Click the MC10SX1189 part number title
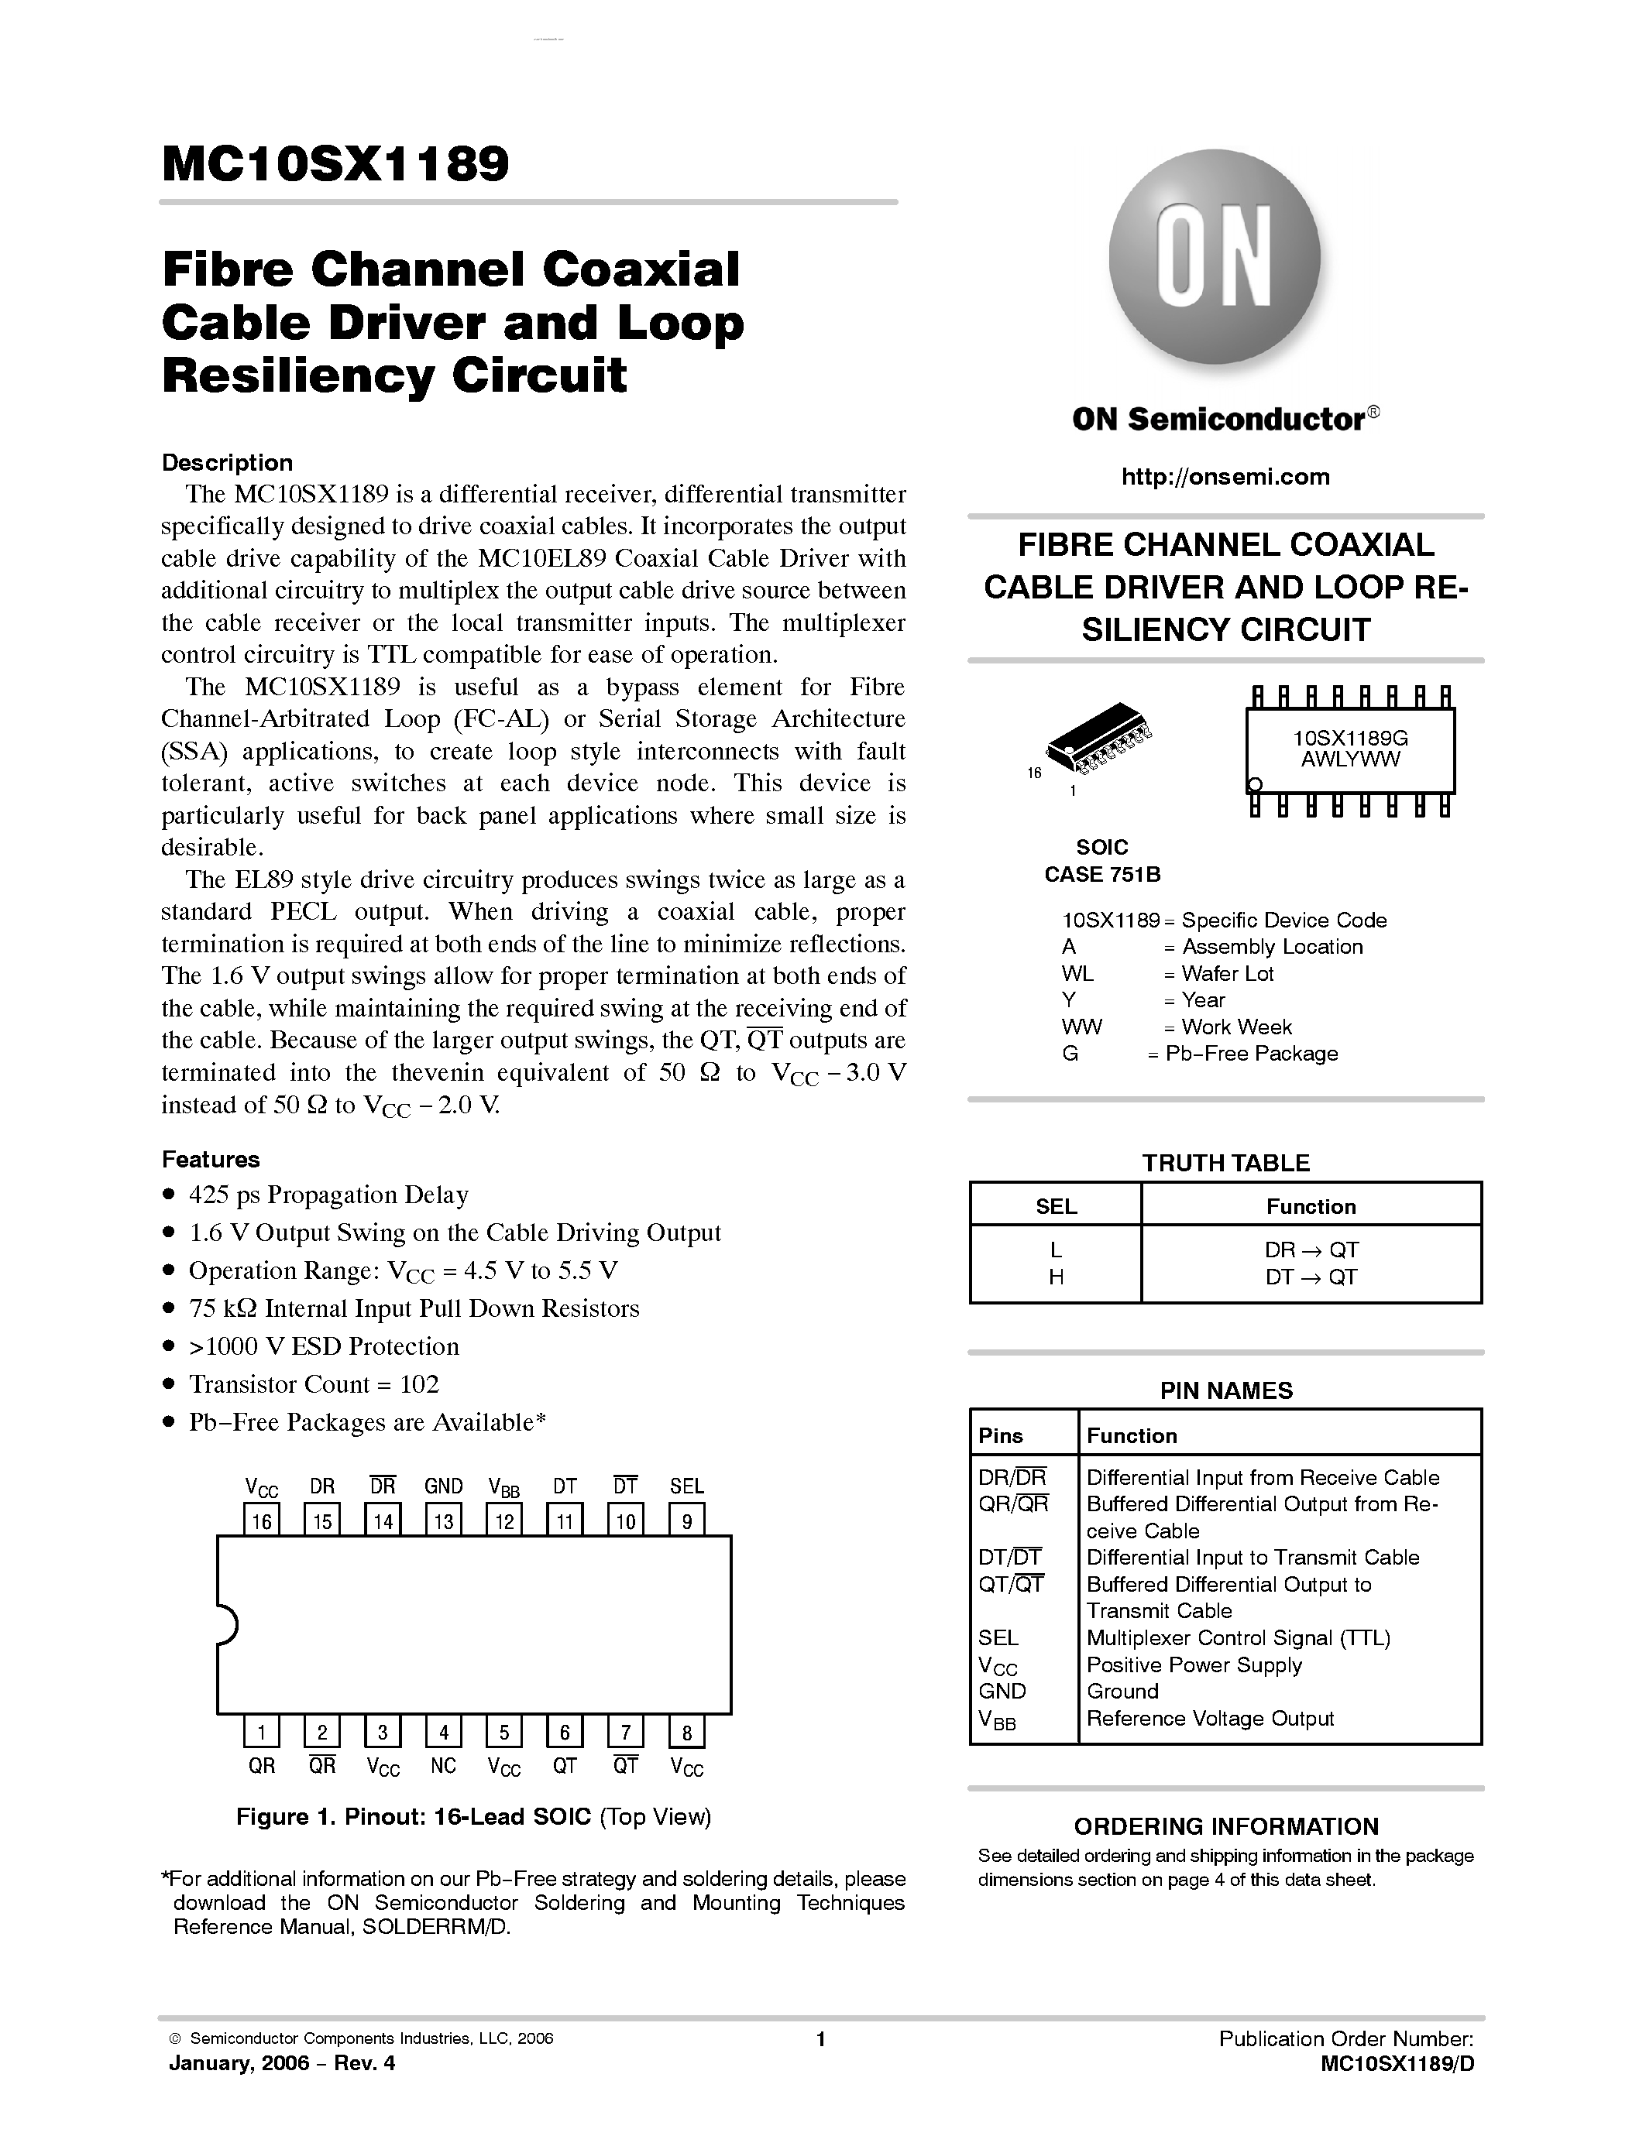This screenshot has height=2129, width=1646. click(335, 164)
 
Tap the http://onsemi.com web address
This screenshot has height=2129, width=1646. click(1225, 477)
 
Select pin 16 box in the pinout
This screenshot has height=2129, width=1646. click(261, 1520)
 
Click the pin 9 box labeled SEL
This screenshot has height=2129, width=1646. click(686, 1520)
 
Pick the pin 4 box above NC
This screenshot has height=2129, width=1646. click(444, 1731)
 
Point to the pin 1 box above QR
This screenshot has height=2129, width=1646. click(261, 1731)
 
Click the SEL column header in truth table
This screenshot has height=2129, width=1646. click(1055, 1206)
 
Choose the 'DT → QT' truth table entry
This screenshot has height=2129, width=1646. click(1311, 1277)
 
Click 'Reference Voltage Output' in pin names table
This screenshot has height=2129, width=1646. click(1209, 1719)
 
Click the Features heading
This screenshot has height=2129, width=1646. click(211, 1159)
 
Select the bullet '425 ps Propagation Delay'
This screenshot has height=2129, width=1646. click(328, 1195)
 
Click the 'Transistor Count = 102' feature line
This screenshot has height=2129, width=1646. click(313, 1384)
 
